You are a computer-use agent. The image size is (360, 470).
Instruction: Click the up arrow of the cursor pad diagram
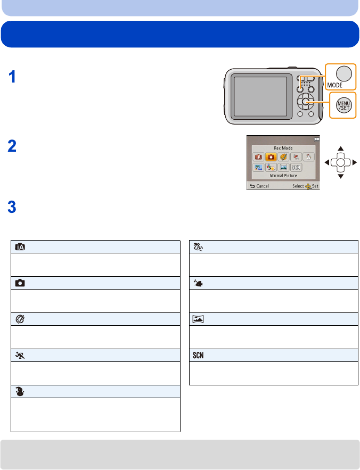point(341,149)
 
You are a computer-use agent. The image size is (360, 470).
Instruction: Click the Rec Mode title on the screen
point(283,148)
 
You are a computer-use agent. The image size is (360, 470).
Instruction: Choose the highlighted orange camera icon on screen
point(271,158)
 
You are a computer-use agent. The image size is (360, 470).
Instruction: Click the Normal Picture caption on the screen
point(283,175)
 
